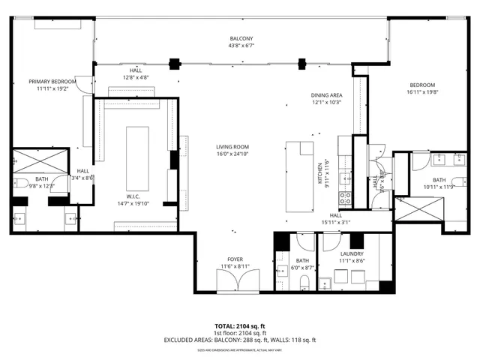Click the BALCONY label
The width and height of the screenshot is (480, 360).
pyautogui.click(x=241, y=38)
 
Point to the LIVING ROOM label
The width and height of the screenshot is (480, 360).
pyautogui.click(x=232, y=147)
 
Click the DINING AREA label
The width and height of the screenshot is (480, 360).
pyautogui.click(x=327, y=95)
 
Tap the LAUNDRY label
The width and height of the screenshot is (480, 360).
pyautogui.click(x=352, y=254)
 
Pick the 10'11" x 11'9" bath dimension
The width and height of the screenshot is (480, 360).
pyautogui.click(x=439, y=187)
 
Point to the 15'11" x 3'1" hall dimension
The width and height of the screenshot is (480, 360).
pyautogui.click(x=336, y=222)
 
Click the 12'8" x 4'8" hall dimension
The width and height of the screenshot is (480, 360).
pyautogui.click(x=135, y=76)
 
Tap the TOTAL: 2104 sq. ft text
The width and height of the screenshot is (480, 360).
pyautogui.click(x=240, y=325)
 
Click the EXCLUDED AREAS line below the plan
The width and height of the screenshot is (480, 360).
pyautogui.click(x=240, y=340)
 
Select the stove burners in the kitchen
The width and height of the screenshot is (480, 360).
pyautogui.click(x=346, y=199)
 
